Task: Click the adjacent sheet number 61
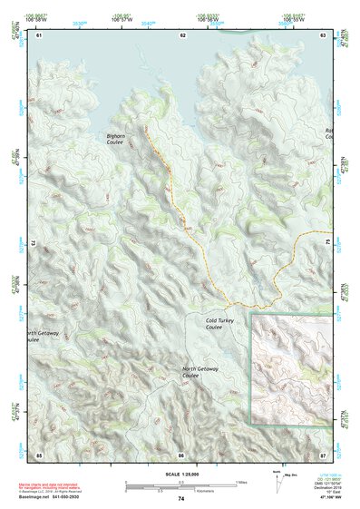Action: click(x=39, y=34)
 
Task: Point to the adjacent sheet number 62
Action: click(x=182, y=34)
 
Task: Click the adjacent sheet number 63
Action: click(x=323, y=34)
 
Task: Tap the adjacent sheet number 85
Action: click(x=39, y=453)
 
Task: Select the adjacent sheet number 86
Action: click(x=181, y=453)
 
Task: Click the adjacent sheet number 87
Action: click(x=323, y=453)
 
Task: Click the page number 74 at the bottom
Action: click(x=181, y=499)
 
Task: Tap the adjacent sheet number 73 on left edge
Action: click(x=34, y=244)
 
